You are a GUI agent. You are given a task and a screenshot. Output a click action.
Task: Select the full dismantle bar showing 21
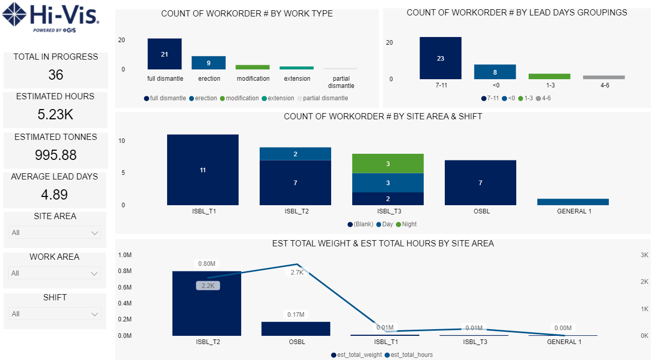coord(165,54)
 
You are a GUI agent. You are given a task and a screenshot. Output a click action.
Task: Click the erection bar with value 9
coord(209,63)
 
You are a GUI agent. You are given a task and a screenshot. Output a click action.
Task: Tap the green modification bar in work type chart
coord(252,67)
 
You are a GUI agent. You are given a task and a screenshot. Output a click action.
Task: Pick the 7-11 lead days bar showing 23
coord(440,58)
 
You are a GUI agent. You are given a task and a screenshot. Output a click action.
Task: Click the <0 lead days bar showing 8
coord(495,72)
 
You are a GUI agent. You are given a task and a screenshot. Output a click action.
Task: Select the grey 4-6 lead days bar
coord(604,77)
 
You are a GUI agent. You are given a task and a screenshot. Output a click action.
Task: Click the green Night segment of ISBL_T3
coord(388,164)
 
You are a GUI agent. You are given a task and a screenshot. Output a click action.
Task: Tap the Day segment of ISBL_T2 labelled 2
coord(295,154)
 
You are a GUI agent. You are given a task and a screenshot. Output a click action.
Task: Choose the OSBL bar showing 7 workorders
coord(480,183)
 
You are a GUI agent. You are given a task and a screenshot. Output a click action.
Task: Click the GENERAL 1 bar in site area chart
coord(573,202)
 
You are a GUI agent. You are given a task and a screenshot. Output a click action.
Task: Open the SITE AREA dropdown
coord(55,232)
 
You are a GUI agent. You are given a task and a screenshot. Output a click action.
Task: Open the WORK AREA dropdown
coord(55,273)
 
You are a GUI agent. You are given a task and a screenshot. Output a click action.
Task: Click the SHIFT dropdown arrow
coord(95,314)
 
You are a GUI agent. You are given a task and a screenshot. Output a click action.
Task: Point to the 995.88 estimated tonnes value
coord(56,155)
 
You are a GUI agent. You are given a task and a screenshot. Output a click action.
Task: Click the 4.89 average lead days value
coord(54,194)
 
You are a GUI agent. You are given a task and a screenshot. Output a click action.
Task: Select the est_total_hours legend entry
coord(411,355)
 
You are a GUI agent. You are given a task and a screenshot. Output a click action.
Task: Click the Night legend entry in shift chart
coord(409,224)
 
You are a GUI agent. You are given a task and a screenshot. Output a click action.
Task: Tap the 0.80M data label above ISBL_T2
coord(207,264)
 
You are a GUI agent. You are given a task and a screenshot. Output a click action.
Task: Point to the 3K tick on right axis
coord(644,255)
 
